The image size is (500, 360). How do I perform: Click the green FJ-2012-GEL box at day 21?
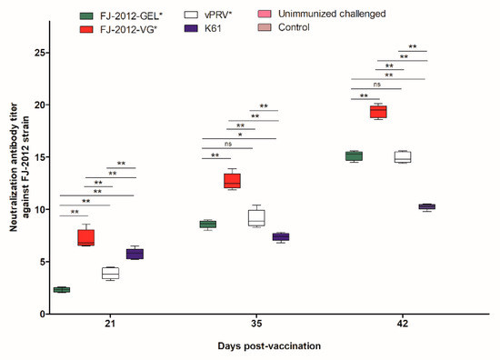pyautogui.click(x=62, y=289)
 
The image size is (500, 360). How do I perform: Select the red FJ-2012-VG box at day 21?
pyautogui.click(x=85, y=237)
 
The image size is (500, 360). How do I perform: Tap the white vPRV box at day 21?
pyautogui.click(x=110, y=273)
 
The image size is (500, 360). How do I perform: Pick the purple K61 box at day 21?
pyautogui.click(x=135, y=254)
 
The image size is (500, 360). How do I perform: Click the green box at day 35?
pyautogui.click(x=207, y=224)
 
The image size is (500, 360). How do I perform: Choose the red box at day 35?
pyautogui.click(x=232, y=180)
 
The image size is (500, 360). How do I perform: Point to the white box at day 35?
pyautogui.click(x=256, y=217)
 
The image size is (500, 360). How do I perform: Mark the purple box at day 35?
pyautogui.click(x=280, y=236)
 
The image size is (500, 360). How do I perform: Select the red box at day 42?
pyautogui.click(x=377, y=111)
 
